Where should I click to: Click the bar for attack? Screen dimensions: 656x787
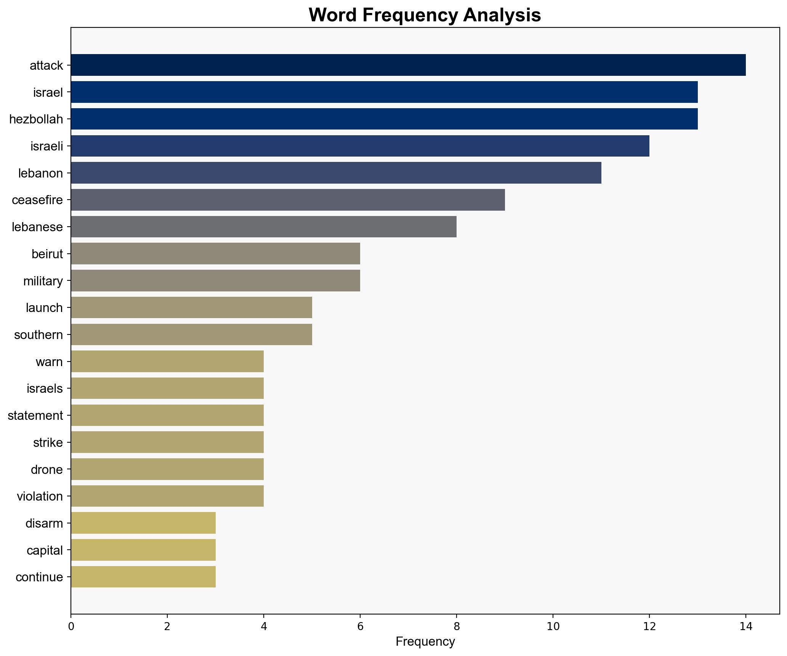pos(408,65)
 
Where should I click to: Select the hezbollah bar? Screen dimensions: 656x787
pos(384,119)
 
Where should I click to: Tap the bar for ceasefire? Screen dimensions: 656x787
pos(288,200)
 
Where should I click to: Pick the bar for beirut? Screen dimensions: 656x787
pos(215,254)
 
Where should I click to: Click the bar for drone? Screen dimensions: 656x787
pos(167,469)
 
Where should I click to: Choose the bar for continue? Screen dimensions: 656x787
pos(143,577)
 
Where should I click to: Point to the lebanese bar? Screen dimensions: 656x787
pos(263,227)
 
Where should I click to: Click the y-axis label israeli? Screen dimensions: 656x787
pos(46,146)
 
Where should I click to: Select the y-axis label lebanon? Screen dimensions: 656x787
pos(40,173)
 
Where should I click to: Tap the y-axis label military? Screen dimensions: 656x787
pos(43,281)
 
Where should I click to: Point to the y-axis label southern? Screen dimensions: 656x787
pos(38,335)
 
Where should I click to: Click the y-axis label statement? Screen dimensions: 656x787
pos(35,416)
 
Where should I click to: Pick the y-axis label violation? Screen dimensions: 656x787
pos(40,496)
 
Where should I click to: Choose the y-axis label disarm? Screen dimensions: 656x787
pos(44,523)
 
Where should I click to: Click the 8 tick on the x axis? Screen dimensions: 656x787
pos(456,626)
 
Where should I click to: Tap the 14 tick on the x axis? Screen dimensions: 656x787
pos(745,626)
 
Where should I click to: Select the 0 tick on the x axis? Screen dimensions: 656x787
pos(71,626)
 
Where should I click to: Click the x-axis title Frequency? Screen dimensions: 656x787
pos(425,642)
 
